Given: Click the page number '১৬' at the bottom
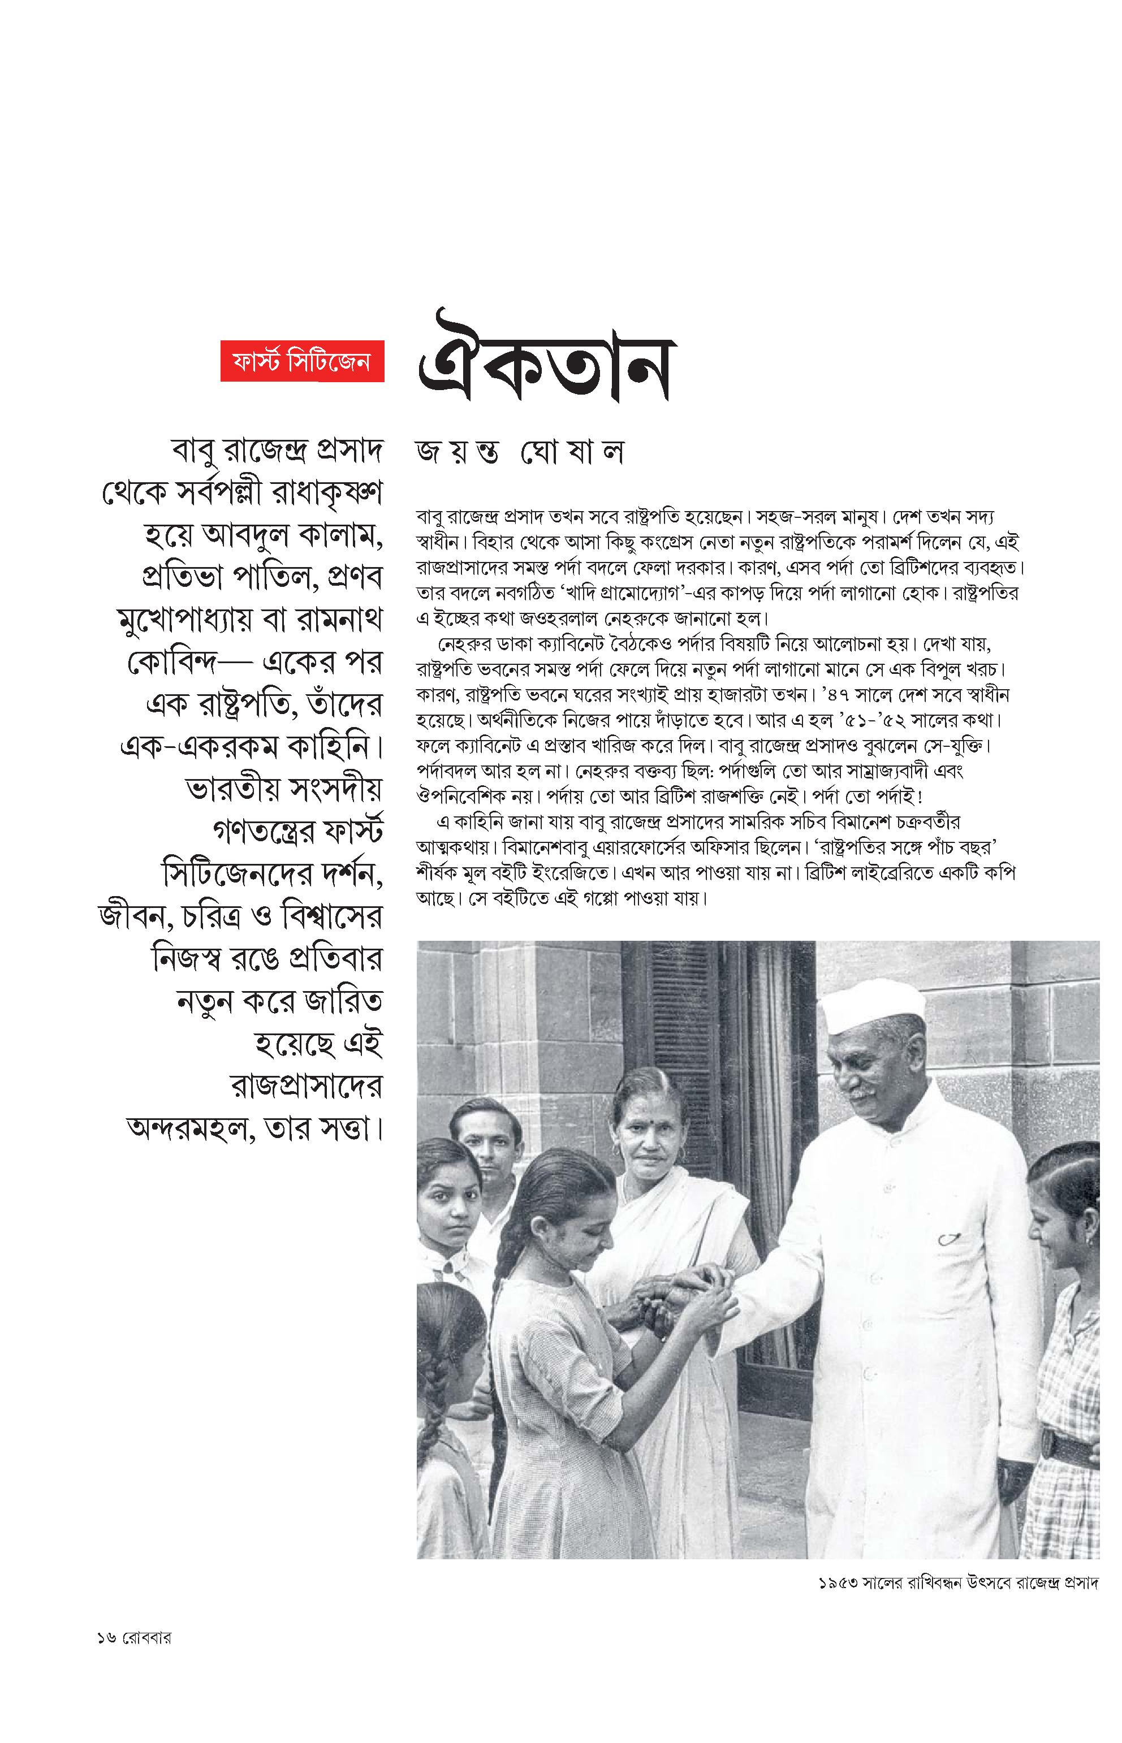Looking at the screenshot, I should [106, 1638].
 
